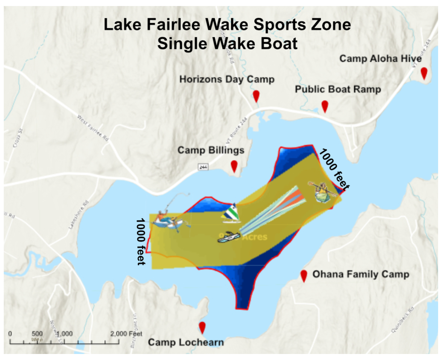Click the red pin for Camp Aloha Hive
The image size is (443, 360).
pyautogui.click(x=424, y=73)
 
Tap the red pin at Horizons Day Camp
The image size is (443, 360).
pyautogui.click(x=256, y=96)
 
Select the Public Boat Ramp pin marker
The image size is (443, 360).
pyautogui.click(x=324, y=106)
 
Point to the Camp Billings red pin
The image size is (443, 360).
pyautogui.click(x=234, y=166)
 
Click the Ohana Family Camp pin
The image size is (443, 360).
pyautogui.click(x=304, y=275)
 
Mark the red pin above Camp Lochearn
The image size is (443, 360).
pyautogui.click(x=202, y=327)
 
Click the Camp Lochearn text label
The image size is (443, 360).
pyautogui.click(x=186, y=342)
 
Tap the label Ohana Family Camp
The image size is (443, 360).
pyautogui.click(x=361, y=274)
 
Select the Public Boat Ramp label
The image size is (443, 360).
pyautogui.click(x=338, y=90)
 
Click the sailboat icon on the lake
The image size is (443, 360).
pyautogui.click(x=230, y=213)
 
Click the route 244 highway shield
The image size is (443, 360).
pyautogui.click(x=203, y=166)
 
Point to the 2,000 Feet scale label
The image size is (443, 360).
pyautogui.click(x=126, y=334)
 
